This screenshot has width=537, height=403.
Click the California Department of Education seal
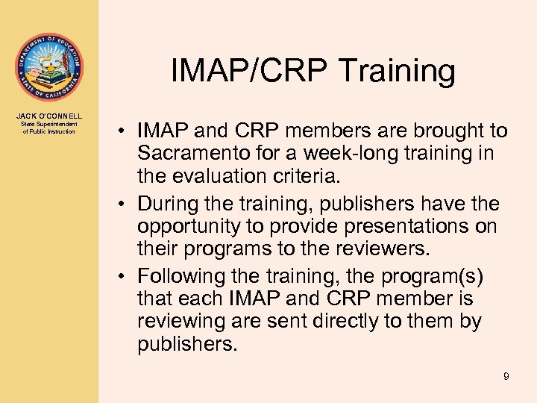[48, 67]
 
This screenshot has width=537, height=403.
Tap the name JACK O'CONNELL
[48, 116]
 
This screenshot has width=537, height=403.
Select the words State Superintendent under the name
[48, 124]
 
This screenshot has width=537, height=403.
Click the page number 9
[506, 376]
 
